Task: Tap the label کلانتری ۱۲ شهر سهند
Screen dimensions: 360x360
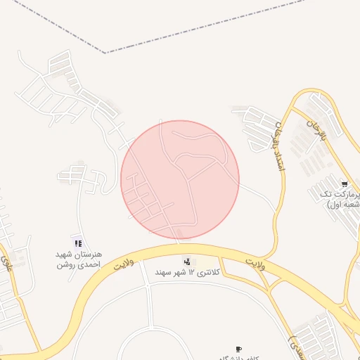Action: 188,272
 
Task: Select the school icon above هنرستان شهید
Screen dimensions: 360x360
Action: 78,243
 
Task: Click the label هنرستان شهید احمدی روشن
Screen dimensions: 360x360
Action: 79,259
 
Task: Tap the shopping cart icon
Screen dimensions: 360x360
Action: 344,184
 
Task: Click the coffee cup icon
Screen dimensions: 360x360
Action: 238,349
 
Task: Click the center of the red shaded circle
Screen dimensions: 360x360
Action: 180,179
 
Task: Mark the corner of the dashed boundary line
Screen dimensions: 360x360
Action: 106,53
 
